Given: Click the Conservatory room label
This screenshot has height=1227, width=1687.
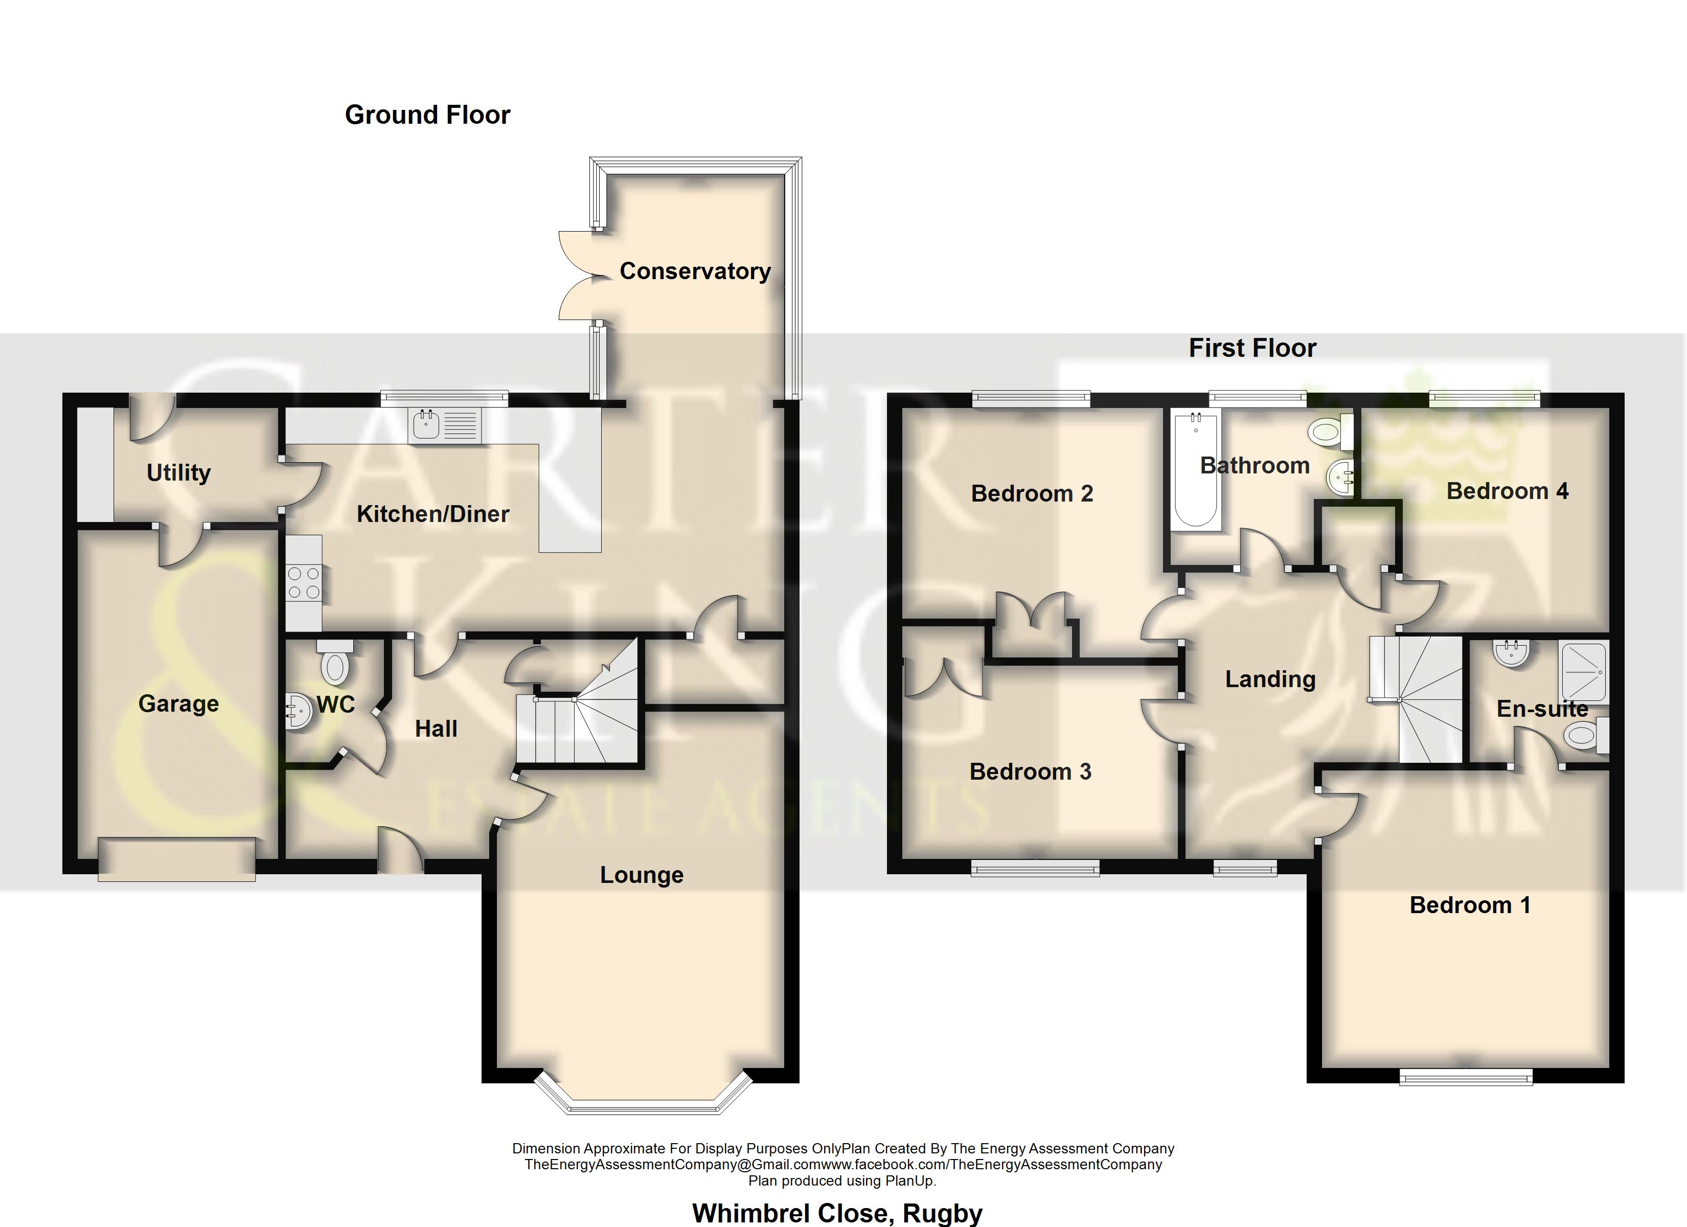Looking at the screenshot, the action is coord(695,271).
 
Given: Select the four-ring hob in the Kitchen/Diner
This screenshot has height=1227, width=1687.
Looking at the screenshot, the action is coord(304,583).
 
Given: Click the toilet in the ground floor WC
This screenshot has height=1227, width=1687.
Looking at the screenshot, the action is coord(335,662).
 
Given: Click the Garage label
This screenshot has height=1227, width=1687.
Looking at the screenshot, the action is coord(178,704).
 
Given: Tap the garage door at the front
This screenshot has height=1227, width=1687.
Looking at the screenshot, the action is coord(177,859).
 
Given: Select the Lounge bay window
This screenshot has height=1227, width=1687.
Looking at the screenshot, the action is coord(642,1094).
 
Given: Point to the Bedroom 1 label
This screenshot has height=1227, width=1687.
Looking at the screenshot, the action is coord(1470,905).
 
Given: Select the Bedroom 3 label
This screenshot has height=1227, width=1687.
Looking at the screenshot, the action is coord(1030,771).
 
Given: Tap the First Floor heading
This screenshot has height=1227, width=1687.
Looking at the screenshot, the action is coord(1252,348).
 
